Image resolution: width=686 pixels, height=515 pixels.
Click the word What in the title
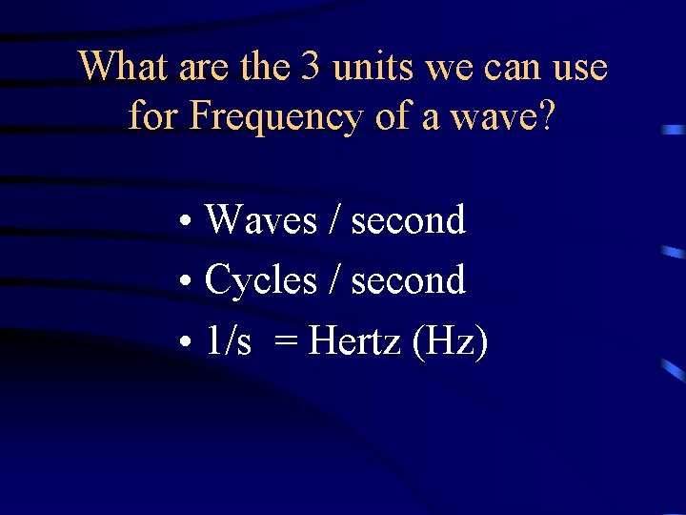pos(123,67)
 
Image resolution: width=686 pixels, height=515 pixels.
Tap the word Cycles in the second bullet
pos(261,280)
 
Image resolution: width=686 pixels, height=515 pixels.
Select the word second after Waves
pos(408,220)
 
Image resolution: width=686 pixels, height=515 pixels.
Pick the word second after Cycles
pos(408,280)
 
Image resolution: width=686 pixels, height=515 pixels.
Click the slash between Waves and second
pos(334,220)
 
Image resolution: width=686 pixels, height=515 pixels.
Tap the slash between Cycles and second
pos(334,280)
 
